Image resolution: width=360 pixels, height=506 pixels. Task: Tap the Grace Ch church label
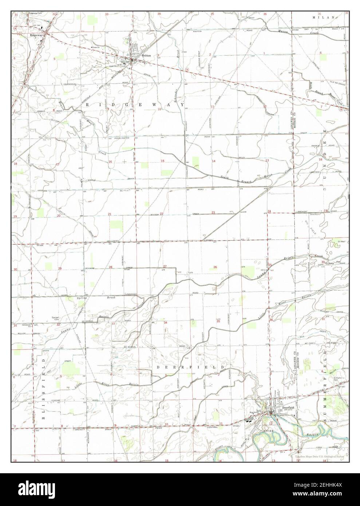click(x=96, y=48)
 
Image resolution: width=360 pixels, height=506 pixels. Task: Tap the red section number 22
click(x=161, y=214)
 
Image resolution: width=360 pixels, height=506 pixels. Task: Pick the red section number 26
click(x=215, y=267)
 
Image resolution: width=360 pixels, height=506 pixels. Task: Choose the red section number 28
click(x=110, y=267)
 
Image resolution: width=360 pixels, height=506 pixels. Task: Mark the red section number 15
click(x=163, y=161)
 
